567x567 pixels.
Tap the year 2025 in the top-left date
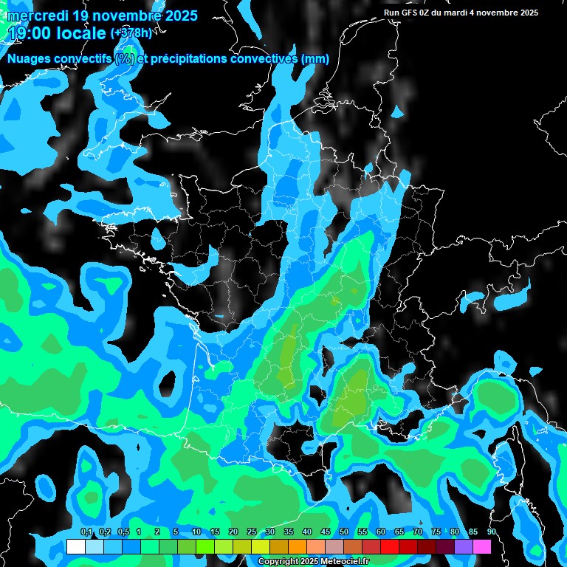178,16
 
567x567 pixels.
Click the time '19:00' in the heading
32,32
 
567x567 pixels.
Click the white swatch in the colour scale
75,547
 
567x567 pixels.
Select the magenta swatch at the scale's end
482,547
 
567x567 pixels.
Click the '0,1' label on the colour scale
86,532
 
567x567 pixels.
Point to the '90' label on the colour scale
492,532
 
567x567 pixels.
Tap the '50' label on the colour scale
344,532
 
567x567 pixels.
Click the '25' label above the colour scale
252,532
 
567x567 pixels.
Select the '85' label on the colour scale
473,532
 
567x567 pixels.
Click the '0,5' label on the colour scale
123,532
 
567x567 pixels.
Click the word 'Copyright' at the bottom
278,562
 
